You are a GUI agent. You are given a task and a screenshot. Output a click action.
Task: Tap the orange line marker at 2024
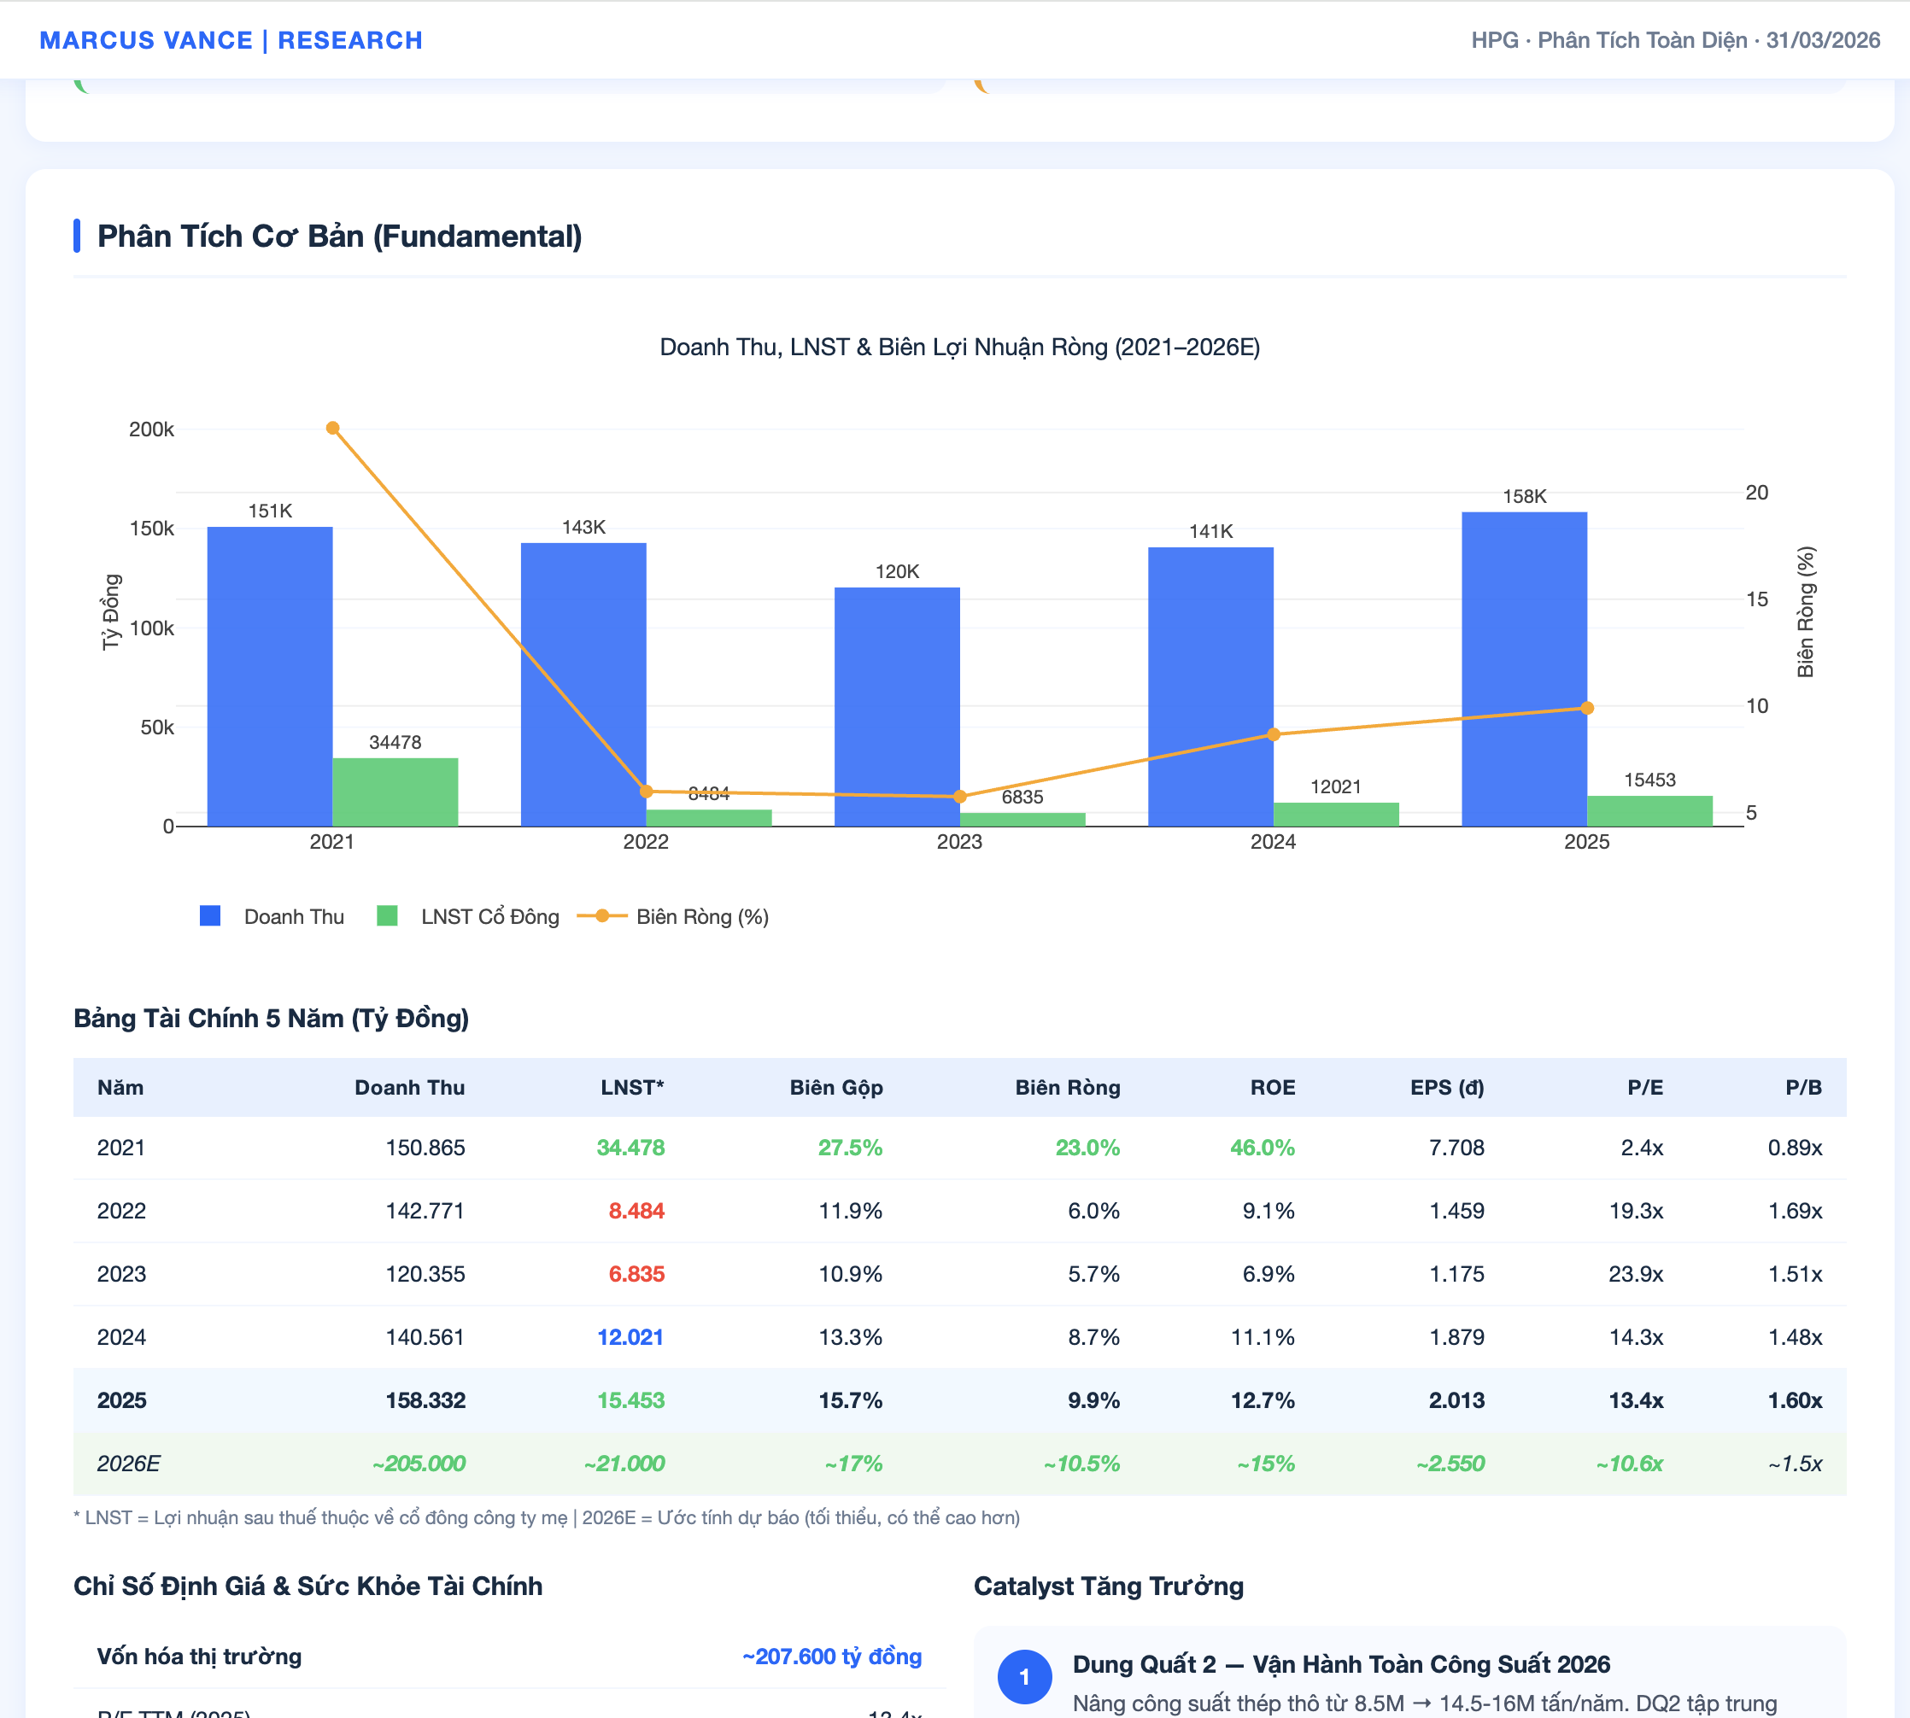pyautogui.click(x=1273, y=734)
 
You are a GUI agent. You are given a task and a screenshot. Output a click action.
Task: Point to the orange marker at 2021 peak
pyautogui.click(x=332, y=429)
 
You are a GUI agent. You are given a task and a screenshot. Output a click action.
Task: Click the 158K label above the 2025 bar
pyautogui.click(x=1524, y=496)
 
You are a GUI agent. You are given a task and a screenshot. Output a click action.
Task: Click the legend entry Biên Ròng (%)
pyautogui.click(x=701, y=916)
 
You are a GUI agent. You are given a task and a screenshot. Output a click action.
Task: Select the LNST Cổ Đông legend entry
pyautogui.click(x=489, y=916)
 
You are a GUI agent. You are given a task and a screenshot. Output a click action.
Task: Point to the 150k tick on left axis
pyautogui.click(x=151, y=529)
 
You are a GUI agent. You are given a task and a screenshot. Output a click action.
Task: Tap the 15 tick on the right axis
pyautogui.click(x=1756, y=599)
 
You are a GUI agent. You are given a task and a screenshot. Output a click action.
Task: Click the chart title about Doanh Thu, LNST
pyautogui.click(x=959, y=348)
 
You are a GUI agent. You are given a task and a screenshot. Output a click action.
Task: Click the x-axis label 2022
pyautogui.click(x=646, y=842)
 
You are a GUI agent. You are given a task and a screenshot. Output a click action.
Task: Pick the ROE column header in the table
pyautogui.click(x=1272, y=1088)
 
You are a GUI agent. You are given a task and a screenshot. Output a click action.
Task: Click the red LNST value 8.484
pyautogui.click(x=636, y=1211)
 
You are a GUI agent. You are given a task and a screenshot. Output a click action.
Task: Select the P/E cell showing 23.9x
pyautogui.click(x=1635, y=1274)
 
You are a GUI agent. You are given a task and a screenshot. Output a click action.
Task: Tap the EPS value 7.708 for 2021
pyautogui.click(x=1456, y=1148)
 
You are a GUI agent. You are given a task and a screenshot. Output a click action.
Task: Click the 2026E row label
pyautogui.click(x=128, y=1464)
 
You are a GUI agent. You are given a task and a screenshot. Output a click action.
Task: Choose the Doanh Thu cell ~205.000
pyautogui.click(x=419, y=1464)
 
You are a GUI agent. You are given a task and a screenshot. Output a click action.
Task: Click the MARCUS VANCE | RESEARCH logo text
pyautogui.click(x=231, y=41)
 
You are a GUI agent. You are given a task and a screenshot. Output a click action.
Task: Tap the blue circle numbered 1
pyautogui.click(x=1024, y=1677)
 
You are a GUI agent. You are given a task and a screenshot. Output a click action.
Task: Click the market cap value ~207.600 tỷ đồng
pyautogui.click(x=831, y=1657)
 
